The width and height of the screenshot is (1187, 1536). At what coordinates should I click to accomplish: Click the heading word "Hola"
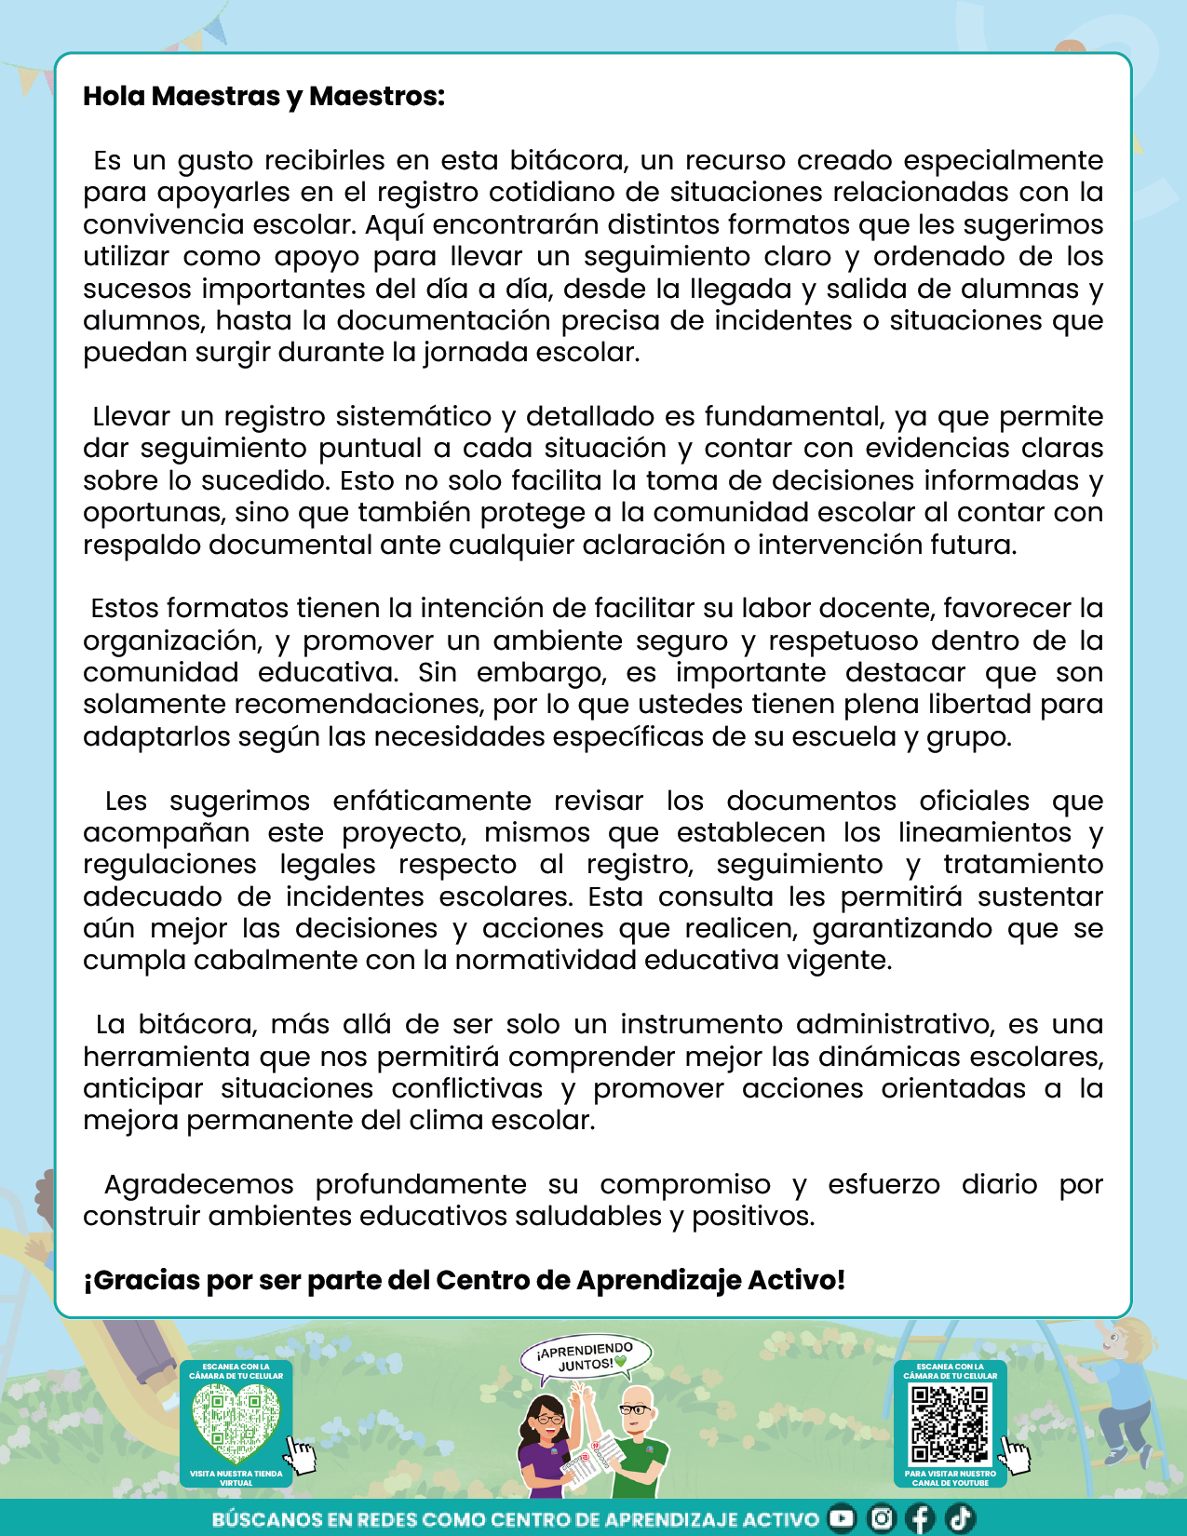tap(115, 97)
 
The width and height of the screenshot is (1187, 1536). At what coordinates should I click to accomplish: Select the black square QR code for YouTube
tap(950, 1423)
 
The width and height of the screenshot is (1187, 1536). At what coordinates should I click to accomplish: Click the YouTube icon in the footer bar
tap(842, 1518)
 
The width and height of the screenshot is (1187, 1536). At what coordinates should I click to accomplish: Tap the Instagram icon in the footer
tap(881, 1518)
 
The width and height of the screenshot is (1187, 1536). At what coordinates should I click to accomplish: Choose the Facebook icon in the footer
tap(920, 1518)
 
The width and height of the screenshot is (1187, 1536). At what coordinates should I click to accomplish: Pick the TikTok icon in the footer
tap(960, 1518)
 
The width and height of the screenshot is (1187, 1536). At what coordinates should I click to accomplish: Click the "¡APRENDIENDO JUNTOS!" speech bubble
tap(587, 1357)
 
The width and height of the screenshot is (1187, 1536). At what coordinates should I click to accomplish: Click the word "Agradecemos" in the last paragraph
tap(198, 1185)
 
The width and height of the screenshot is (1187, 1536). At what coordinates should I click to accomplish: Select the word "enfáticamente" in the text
tap(432, 802)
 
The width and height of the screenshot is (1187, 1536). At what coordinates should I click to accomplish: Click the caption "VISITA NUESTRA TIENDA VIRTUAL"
tap(236, 1478)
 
